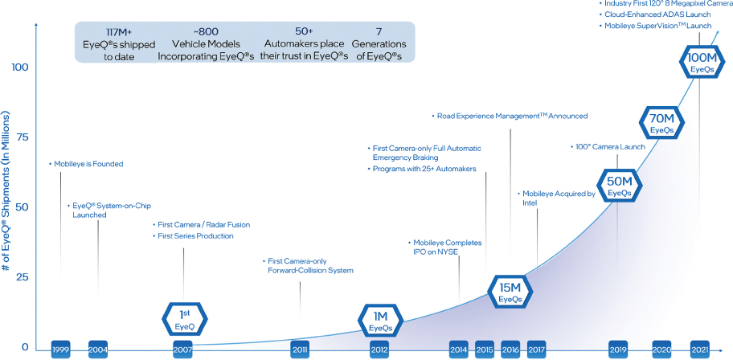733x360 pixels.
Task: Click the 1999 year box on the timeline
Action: pos(60,350)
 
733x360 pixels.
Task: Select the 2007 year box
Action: pos(182,350)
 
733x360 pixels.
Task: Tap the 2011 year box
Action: pos(300,350)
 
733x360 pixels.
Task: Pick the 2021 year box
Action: pos(699,350)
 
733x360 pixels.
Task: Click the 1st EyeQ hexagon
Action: pos(185,318)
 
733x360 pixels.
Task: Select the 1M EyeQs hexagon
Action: pos(380,320)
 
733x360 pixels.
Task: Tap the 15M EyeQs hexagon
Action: pos(510,291)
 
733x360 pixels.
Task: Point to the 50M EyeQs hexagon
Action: pos(620,185)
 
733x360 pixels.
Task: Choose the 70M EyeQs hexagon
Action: pos(661,122)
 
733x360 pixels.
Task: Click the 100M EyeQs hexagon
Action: pos(699,62)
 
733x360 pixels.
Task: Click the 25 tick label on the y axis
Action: pos(22,278)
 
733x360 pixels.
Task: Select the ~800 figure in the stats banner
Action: pos(206,32)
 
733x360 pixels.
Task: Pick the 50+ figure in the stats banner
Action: pos(304,32)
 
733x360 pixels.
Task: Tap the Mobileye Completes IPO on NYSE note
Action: pos(444,247)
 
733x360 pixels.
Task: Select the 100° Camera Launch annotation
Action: pos(608,147)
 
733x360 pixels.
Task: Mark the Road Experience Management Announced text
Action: pos(510,116)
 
